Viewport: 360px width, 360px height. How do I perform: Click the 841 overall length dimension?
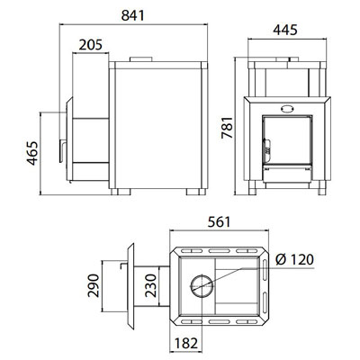[x=133, y=15]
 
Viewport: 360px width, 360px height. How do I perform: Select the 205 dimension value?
[x=91, y=45]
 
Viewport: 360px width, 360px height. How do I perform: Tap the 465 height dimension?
[x=33, y=153]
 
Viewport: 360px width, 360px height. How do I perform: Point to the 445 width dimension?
[x=285, y=30]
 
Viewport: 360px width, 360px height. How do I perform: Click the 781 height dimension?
[x=227, y=128]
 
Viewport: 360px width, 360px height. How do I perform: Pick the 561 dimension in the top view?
[x=220, y=222]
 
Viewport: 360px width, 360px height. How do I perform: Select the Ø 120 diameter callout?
[x=294, y=259]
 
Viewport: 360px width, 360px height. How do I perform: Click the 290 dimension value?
[x=94, y=285]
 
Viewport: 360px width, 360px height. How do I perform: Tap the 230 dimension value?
[x=151, y=285]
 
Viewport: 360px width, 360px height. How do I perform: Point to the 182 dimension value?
[x=186, y=343]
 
